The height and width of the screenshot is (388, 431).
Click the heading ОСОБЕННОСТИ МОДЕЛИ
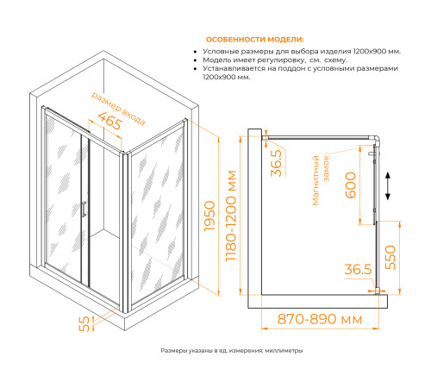pos(255,40)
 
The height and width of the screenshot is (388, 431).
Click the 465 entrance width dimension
pos(110,121)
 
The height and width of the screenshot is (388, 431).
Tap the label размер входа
pos(118,109)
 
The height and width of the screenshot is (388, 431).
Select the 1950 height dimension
pos(209,216)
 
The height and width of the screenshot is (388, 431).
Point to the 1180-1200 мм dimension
pos(231,216)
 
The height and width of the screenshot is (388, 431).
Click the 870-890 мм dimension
pos(320,319)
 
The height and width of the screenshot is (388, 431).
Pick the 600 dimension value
pos(351,185)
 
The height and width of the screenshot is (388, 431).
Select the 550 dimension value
pos(390,257)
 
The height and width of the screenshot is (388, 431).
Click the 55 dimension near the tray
pos(84,324)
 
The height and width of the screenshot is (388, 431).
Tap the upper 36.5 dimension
pos(277,163)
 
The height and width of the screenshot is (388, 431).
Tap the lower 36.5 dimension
pos(358,269)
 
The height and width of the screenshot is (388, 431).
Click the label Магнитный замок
pos(320,180)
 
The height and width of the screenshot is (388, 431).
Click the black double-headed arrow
pos(388,185)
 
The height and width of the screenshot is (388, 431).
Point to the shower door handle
pos(84,209)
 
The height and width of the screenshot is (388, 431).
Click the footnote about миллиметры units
pos(232,351)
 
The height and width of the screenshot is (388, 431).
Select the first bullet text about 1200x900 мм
pos(302,52)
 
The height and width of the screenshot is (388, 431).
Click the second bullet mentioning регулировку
pos(275,60)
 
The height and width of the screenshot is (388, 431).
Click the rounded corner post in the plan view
pos(376,140)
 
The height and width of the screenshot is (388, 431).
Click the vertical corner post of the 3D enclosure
pos(125,232)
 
